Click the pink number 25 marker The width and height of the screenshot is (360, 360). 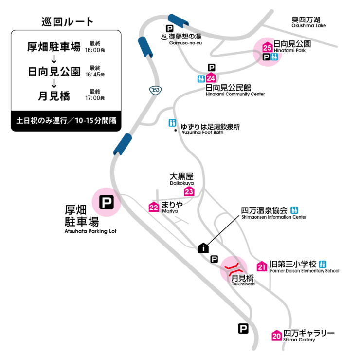click(267, 47)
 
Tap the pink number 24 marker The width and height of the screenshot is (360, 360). click(211, 78)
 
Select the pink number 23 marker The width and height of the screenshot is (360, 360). click(189, 191)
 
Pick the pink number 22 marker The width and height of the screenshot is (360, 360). click(154, 208)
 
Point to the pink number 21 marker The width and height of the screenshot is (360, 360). click(262, 266)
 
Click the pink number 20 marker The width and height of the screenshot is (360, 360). click(276, 335)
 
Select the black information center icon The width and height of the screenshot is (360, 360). click(203, 248)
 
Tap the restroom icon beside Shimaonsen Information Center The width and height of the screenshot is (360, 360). click(294, 210)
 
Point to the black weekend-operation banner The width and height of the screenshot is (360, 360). click(66, 120)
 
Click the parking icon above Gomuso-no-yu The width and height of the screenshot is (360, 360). click(170, 28)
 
